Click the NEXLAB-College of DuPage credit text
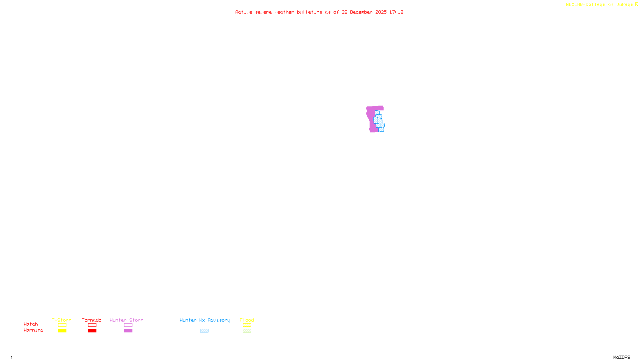pyautogui.click(x=600, y=5)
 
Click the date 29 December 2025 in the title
pyautogui.click(x=364, y=12)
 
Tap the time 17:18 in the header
pyautogui.click(x=396, y=12)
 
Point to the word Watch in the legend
pyautogui.click(x=31, y=324)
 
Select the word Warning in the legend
pyautogui.click(x=33, y=330)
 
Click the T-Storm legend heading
pyautogui.click(x=62, y=320)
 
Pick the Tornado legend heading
pyautogui.click(x=92, y=320)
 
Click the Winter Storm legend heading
pyautogui.click(x=126, y=320)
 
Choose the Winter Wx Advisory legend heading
pyautogui.click(x=205, y=320)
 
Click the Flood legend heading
pyautogui.click(x=247, y=320)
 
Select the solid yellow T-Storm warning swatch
pyautogui.click(x=62, y=331)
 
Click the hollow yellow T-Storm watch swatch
pyautogui.click(x=62, y=325)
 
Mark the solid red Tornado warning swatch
pyautogui.click(x=92, y=331)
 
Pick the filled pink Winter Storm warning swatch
pyautogui.click(x=128, y=331)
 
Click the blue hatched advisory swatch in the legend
pyautogui.click(x=204, y=331)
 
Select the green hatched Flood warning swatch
pyautogui.click(x=247, y=331)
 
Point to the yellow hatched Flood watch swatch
pyautogui.click(x=247, y=325)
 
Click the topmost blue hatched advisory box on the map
pyautogui.click(x=377, y=112)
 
